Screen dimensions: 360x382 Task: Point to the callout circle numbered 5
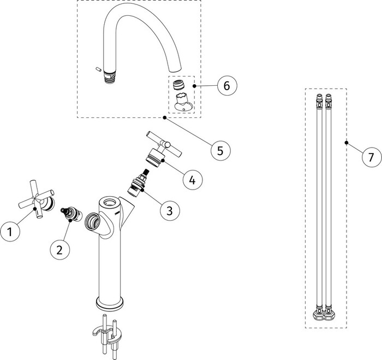tap(220, 149)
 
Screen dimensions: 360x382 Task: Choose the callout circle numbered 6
tap(226, 85)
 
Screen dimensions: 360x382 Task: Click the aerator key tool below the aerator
tap(182, 102)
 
